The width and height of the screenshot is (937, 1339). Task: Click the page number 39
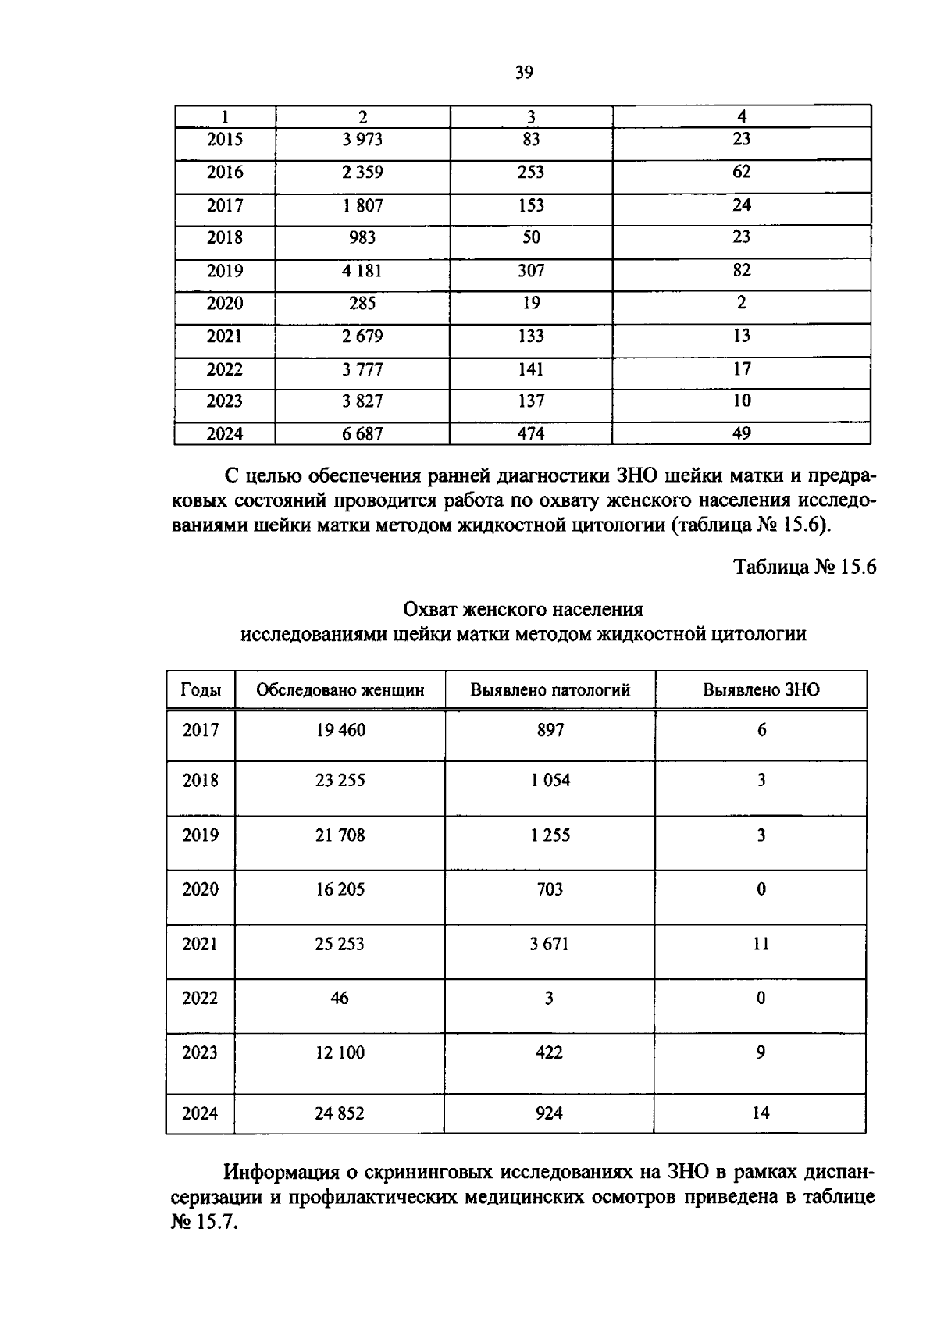524,73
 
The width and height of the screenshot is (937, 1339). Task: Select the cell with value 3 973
362,140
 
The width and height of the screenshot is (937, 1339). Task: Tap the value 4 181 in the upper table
362,271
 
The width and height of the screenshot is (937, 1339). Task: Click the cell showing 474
531,433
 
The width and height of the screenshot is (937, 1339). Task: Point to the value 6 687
362,433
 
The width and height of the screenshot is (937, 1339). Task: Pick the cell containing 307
531,271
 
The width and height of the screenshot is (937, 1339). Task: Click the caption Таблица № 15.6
804,568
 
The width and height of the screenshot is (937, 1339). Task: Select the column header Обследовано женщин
340,690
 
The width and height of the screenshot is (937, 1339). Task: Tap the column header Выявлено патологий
550,690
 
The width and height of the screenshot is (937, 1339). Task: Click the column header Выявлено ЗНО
761,690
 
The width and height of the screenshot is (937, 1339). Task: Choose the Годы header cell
201,690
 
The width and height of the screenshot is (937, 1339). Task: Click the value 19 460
340,730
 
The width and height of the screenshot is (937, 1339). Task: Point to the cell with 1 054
550,780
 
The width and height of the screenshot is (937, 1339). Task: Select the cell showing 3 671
550,944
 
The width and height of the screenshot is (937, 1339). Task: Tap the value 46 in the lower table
340,998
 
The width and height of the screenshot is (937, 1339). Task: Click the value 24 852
340,1113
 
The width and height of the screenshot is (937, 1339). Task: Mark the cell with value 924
550,1113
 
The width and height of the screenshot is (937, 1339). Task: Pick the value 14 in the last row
761,1113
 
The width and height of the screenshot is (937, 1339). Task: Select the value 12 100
340,1052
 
